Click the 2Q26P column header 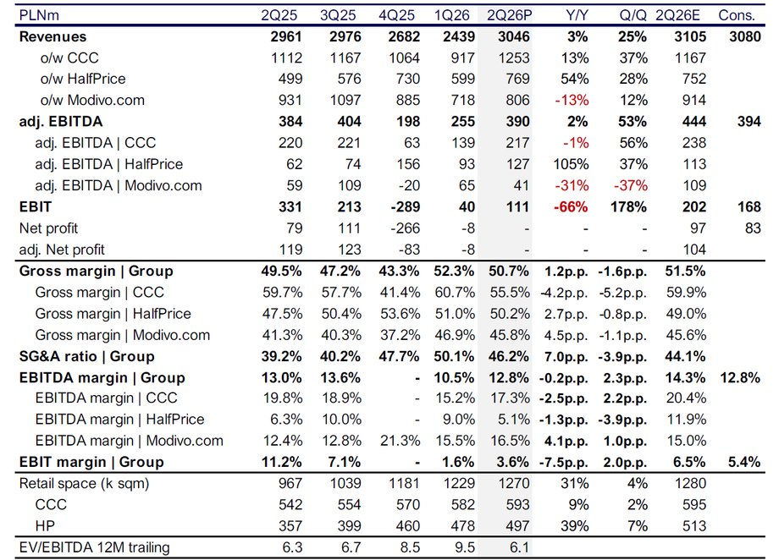click(509, 15)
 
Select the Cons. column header click(737, 15)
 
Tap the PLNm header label click(39, 15)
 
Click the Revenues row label click(52, 36)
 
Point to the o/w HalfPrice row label click(83, 79)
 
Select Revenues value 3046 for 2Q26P click(514, 36)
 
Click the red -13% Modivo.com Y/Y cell click(572, 101)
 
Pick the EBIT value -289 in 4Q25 click(405, 207)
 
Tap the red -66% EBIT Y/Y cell click(571, 207)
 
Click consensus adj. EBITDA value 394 click(749, 122)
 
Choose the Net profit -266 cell click(405, 228)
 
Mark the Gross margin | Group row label click(96, 271)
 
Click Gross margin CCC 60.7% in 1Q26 click(455, 293)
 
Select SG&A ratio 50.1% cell click(454, 356)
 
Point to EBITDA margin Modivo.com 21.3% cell click(400, 441)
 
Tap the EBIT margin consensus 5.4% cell click(744, 462)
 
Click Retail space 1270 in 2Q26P click(514, 484)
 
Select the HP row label click(45, 526)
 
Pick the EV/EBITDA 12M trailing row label click(94, 547)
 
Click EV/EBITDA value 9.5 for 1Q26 click(465, 547)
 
